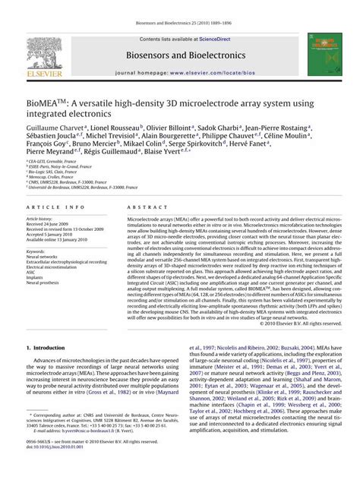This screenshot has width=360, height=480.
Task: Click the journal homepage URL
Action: point(204,74)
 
